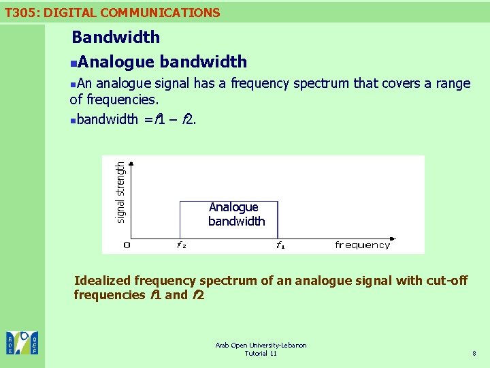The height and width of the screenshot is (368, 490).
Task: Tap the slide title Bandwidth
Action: [116, 37]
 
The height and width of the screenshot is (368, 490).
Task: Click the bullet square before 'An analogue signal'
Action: [73, 84]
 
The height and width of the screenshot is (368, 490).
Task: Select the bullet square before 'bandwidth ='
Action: [73, 120]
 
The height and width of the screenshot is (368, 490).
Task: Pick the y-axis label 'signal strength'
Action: [120, 191]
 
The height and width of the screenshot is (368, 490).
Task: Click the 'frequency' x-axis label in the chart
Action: [363, 245]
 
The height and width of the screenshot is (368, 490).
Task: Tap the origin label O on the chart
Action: [127, 245]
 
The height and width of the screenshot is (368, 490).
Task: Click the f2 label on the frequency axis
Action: [181, 245]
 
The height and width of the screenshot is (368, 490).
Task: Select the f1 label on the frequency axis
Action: [280, 245]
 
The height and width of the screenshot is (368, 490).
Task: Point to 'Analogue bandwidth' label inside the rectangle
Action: [235, 214]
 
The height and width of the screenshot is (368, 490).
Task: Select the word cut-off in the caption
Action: [444, 280]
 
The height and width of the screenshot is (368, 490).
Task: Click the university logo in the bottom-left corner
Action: [22, 343]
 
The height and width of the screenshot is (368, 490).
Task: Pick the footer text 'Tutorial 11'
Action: [261, 353]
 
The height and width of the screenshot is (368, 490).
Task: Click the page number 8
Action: [473, 353]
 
